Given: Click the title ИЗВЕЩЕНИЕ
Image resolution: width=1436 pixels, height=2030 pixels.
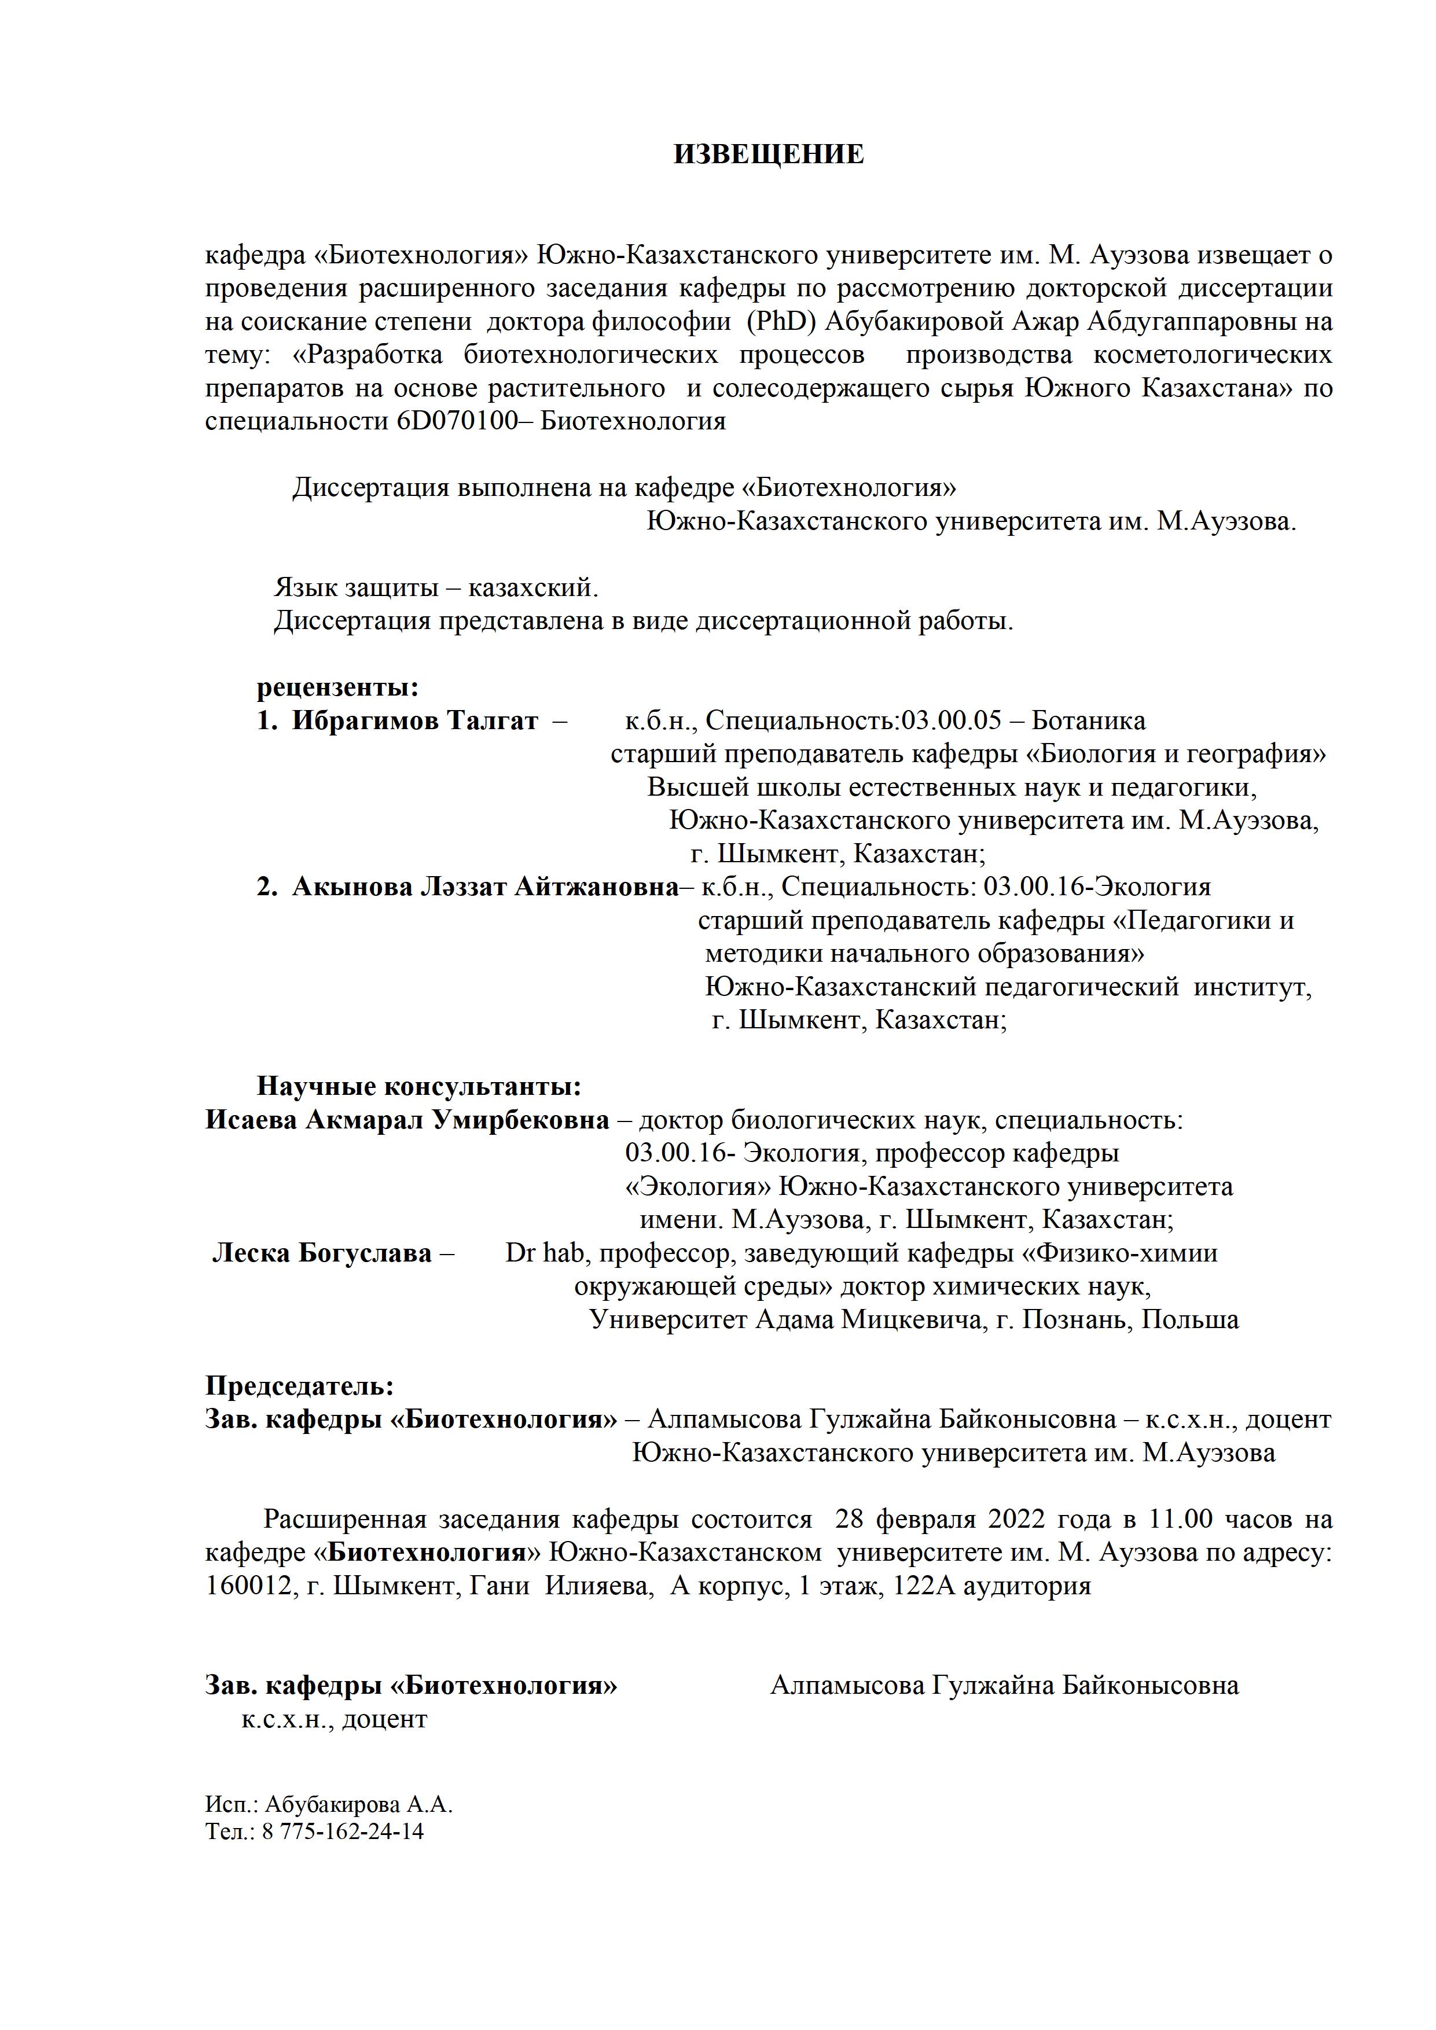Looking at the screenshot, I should click(769, 155).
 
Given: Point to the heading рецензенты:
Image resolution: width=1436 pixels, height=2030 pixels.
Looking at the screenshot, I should click(338, 687).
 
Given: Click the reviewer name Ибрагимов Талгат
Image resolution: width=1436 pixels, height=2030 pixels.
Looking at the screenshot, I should click(414, 720).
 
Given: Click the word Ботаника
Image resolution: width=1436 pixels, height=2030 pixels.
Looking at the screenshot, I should click(1089, 720).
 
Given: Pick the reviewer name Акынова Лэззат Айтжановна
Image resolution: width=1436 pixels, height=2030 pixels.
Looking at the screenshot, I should click(484, 887).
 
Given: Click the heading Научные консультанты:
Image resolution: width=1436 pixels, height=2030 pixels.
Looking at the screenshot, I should click(419, 1086).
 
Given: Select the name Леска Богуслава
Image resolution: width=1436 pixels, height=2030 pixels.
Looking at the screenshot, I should click(322, 1253).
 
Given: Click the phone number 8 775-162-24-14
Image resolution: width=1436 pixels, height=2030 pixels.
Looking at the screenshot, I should click(342, 1830).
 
